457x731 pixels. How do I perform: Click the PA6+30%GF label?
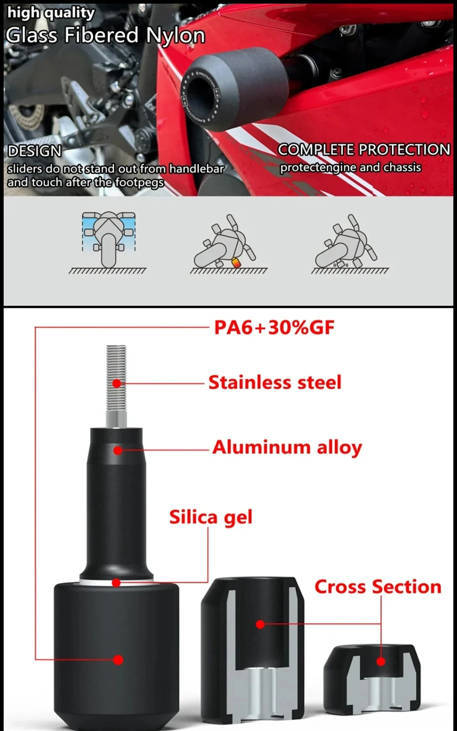pos(274,328)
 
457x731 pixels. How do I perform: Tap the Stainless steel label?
pos(275,382)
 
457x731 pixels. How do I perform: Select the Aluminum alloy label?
pos(287,448)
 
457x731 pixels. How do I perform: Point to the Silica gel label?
pos(211,517)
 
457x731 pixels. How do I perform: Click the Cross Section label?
pos(378,587)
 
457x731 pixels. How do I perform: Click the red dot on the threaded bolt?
pos(117,383)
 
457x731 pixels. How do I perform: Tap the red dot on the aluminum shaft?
pos(118,450)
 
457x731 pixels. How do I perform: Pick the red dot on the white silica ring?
pos(116,583)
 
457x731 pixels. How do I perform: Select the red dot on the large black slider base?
pos(118,660)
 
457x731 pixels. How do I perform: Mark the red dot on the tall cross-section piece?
pos(260,624)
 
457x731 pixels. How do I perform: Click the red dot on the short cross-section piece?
pos(381,661)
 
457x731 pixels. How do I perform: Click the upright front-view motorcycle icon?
pos(108,240)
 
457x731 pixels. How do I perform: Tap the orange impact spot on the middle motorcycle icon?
pos(236,263)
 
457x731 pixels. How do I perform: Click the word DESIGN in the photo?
pos(35,151)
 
